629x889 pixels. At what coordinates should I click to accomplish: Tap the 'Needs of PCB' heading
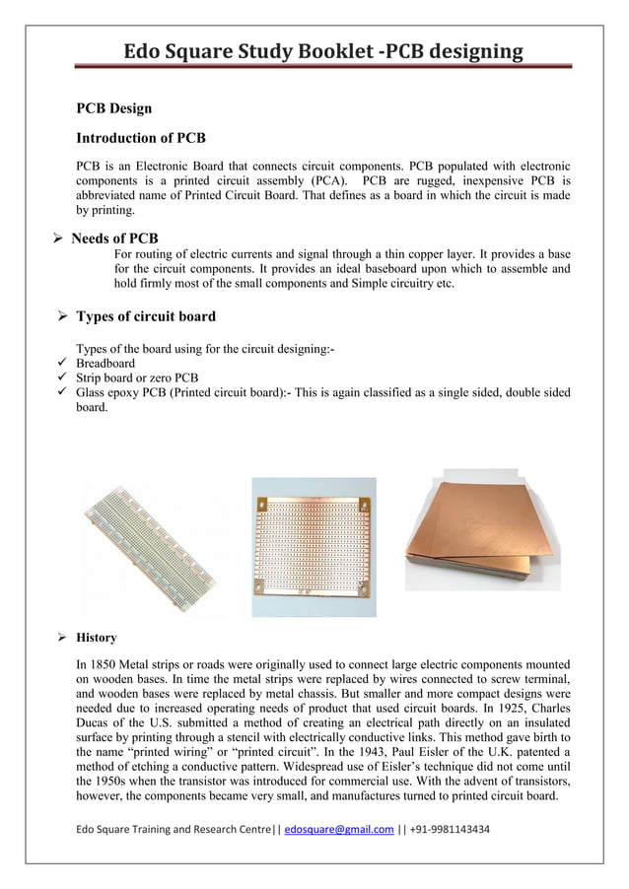114,239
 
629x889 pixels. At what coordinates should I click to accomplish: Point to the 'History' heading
97,638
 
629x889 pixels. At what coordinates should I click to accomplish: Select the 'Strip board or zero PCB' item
137,377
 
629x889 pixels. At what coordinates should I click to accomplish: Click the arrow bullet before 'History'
61,638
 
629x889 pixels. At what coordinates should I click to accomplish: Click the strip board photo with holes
314,546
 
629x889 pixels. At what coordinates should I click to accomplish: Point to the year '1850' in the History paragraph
103,665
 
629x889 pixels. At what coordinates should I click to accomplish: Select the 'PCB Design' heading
114,107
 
